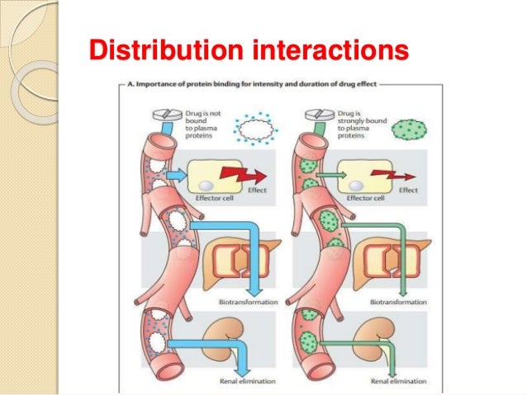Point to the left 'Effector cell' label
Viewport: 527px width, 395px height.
(x=211, y=198)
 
